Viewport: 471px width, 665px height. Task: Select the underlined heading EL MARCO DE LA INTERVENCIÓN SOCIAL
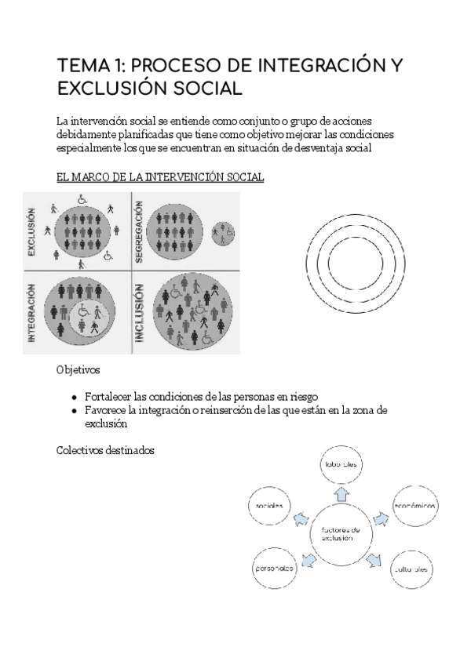(x=160, y=178)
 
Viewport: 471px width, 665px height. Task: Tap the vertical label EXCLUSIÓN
(x=32, y=232)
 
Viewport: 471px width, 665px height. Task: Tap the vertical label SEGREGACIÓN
(x=139, y=231)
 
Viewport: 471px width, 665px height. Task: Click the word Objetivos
(x=78, y=369)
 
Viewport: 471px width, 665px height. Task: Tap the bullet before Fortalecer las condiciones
(x=74, y=397)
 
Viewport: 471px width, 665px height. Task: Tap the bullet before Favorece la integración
(x=74, y=411)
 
